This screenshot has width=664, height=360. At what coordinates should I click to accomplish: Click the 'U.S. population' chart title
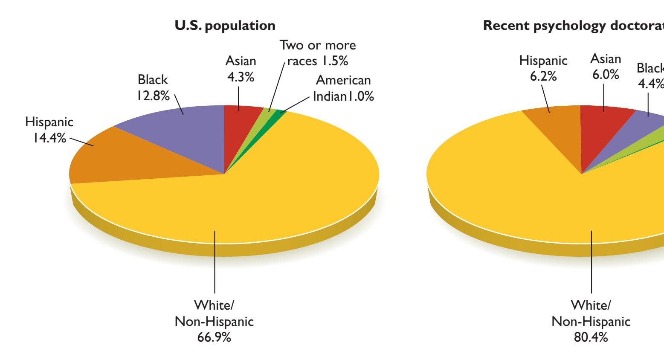tap(225, 26)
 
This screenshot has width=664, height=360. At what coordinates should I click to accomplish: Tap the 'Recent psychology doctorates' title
tap(573, 26)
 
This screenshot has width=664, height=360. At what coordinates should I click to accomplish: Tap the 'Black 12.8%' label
tap(153, 88)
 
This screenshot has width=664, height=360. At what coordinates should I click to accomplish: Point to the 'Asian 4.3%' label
tap(241, 69)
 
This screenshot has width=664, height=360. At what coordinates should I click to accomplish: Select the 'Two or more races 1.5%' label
tap(317, 53)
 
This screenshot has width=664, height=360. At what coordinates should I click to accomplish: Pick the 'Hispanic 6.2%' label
tap(543, 68)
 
